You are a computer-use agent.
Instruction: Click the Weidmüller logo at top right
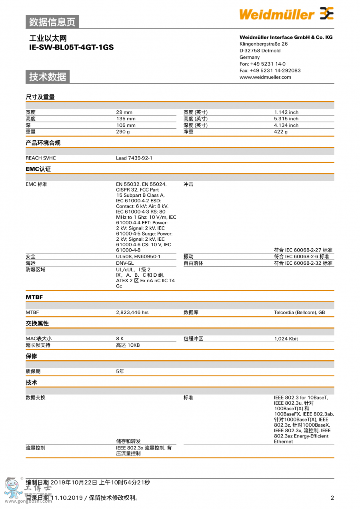click(x=286, y=14)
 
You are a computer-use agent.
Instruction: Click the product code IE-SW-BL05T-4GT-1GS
click(x=71, y=47)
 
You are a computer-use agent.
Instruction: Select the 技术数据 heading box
click(x=48, y=77)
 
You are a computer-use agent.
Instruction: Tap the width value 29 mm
click(x=124, y=112)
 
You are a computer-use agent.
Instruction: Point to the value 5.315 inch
click(x=286, y=119)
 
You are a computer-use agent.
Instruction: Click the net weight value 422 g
click(x=281, y=132)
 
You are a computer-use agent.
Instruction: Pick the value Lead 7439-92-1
click(x=134, y=158)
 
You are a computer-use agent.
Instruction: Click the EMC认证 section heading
click(x=38, y=169)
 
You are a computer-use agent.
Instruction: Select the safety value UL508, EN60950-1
click(x=138, y=257)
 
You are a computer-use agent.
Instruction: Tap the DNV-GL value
click(x=125, y=263)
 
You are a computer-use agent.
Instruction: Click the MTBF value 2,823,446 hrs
click(x=132, y=313)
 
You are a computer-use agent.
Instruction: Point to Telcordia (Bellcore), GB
click(x=299, y=313)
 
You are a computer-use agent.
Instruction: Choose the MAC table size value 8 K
click(x=120, y=339)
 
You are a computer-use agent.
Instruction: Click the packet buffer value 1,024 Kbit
click(x=286, y=339)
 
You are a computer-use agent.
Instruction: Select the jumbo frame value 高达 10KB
click(x=128, y=345)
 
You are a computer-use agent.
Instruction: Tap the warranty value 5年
click(x=120, y=371)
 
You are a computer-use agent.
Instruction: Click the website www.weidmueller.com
click(x=265, y=77)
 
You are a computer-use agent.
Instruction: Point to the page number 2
click(x=332, y=498)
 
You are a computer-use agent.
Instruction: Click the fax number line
click(x=270, y=70)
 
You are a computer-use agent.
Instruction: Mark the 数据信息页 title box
click(x=52, y=22)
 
